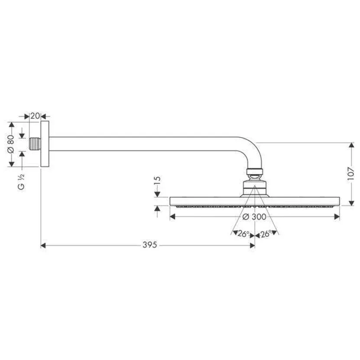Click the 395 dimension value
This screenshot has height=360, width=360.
[x=150, y=245]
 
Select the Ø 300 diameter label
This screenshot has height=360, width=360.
[x=254, y=217]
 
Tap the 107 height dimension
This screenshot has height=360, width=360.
[x=351, y=174]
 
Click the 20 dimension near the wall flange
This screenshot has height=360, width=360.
[x=35, y=116]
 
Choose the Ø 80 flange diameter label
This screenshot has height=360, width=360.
[x=11, y=144]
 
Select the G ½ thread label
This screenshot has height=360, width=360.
[x=21, y=182]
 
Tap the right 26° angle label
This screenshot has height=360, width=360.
[x=266, y=234]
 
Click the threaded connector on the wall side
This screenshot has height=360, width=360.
[x=35, y=144]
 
